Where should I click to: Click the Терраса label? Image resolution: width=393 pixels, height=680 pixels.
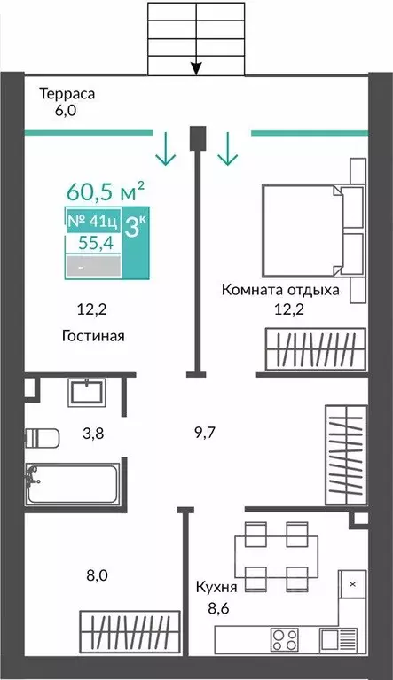pos(67,94)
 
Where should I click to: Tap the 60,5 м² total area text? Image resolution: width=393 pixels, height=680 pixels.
pos(106,192)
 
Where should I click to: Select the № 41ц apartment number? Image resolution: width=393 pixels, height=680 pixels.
pos(92,221)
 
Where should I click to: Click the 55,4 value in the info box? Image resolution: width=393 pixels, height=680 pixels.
pos(96,243)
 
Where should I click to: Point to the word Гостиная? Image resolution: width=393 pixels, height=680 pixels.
pos(93,336)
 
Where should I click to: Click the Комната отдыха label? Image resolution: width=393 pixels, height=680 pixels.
pos(280,290)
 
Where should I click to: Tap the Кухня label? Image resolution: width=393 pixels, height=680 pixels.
pos(216,588)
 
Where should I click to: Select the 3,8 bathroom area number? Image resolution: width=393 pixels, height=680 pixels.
pos(93,433)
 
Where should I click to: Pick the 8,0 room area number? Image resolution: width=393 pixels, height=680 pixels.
pos(98,576)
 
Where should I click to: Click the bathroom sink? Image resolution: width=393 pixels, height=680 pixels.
pos(87,393)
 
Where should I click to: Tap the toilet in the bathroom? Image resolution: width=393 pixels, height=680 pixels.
pos(42,439)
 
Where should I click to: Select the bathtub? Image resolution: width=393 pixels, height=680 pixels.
pos(72,483)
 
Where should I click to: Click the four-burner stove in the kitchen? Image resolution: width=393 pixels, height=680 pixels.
pos(285,639)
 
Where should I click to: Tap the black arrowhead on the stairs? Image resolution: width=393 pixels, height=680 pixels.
pos(197,68)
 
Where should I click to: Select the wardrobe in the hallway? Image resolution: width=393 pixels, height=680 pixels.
pos(347,455)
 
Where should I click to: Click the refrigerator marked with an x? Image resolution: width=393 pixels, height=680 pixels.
pos(353,584)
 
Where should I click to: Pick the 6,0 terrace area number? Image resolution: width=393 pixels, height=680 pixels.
pos(66,111)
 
